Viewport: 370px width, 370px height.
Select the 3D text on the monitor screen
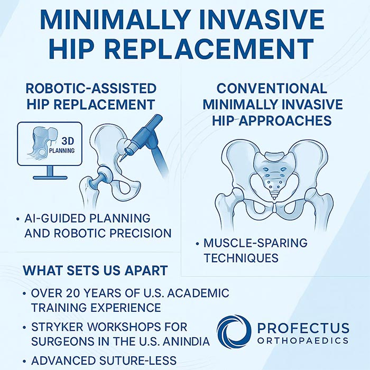tap(68, 141)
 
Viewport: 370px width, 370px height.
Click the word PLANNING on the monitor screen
tap(62, 150)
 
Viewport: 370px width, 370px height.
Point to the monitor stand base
tap(50, 178)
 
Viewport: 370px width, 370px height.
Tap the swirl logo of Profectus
tap(234, 332)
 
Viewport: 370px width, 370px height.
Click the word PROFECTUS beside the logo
tap(303, 328)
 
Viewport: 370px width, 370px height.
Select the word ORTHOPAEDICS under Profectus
tap(303, 340)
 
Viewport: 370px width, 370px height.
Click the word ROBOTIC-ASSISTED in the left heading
tap(91, 88)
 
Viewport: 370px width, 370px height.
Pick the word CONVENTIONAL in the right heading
tap(272, 88)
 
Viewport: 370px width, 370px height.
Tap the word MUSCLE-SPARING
tap(255, 243)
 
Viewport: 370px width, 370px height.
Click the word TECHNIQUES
tap(241, 258)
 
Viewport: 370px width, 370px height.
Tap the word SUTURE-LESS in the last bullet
tap(138, 360)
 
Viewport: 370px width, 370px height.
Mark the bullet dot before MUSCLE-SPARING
tap(197, 243)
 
